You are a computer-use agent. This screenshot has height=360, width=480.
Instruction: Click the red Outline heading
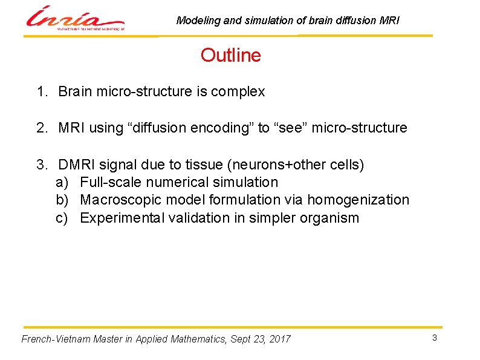coord(231,56)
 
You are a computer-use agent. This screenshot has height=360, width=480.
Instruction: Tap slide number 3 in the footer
coord(434,338)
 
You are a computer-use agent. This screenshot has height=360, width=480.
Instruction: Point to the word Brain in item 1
coord(76,92)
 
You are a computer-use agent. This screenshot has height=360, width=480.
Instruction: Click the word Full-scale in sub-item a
coord(108,182)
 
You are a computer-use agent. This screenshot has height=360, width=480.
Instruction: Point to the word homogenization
coord(358,200)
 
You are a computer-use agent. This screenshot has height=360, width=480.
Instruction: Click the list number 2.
coord(41,128)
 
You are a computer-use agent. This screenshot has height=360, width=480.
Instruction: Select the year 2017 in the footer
coord(279,339)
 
